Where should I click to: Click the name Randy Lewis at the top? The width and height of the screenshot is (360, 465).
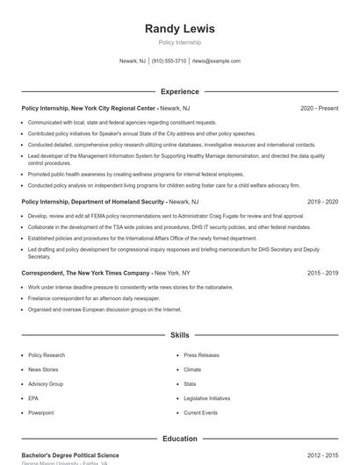(179, 28)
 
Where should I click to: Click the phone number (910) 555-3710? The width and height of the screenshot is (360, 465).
(169, 61)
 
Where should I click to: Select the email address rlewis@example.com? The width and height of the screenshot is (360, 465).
(216, 61)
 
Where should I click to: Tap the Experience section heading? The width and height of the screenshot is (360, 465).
(179, 91)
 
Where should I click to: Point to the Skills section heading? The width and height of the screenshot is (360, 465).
(179, 335)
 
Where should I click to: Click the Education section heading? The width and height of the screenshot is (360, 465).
(179, 439)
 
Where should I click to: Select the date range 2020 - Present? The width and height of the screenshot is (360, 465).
(319, 108)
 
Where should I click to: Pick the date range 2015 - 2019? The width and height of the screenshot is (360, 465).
(322, 273)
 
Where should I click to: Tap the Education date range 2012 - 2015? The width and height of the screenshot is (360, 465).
(322, 455)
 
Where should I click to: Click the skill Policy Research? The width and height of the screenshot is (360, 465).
(47, 355)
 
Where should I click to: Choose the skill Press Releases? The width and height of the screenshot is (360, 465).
(201, 355)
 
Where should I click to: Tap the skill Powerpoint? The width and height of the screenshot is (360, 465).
(41, 412)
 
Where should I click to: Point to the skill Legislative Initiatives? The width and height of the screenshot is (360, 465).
(207, 398)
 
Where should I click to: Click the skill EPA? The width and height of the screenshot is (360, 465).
(33, 398)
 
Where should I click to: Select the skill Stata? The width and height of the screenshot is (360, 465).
(190, 384)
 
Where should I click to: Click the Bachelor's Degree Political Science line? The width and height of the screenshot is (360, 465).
(70, 455)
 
